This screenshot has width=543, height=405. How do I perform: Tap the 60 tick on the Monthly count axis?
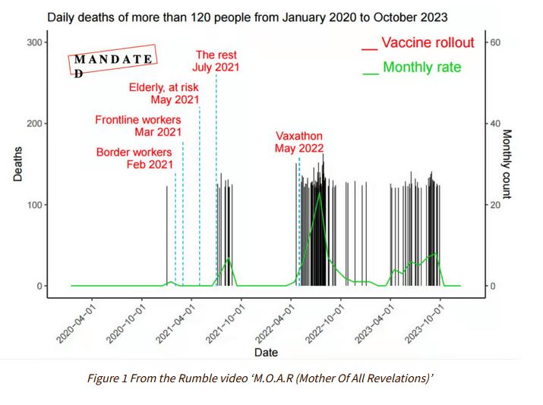pyautogui.click(x=494, y=42)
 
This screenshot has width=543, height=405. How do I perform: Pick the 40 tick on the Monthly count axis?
pyautogui.click(x=494, y=124)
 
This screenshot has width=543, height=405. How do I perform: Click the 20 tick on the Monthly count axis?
pyautogui.click(x=494, y=205)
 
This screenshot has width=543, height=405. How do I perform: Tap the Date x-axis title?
pyautogui.click(x=266, y=352)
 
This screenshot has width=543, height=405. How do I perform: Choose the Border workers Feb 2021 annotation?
pyautogui.click(x=134, y=158)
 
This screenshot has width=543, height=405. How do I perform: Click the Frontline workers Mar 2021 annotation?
pyautogui.click(x=138, y=126)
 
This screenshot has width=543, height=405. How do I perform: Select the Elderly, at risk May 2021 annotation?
pyautogui.click(x=163, y=93)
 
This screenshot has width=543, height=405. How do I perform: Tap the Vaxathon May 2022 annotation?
pyautogui.click(x=299, y=142)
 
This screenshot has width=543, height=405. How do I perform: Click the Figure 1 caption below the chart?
pyautogui.click(x=270, y=378)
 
